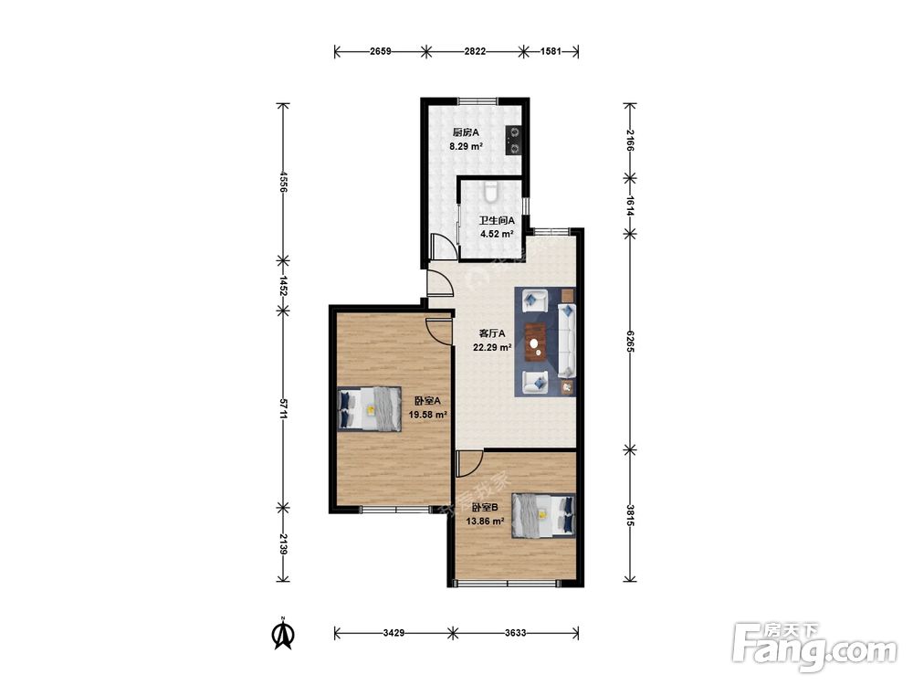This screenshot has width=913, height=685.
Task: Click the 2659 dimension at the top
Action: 380,51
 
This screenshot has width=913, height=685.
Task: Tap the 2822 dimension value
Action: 475,51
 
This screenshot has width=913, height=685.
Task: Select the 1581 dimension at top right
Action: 551,51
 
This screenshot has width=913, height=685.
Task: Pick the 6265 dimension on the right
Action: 630,342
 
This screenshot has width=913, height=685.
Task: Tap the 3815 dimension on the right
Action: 630,515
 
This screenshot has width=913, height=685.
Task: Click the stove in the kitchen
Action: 514,141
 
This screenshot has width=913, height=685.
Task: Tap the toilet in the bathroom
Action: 492,191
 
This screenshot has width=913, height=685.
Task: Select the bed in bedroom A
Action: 370,409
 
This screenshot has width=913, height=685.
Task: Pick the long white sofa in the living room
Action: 567,340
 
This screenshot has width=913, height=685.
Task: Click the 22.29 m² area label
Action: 493,348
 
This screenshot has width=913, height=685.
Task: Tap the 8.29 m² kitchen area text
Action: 466,147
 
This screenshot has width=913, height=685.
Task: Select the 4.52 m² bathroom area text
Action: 497,235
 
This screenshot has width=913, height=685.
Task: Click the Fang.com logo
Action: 814,648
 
